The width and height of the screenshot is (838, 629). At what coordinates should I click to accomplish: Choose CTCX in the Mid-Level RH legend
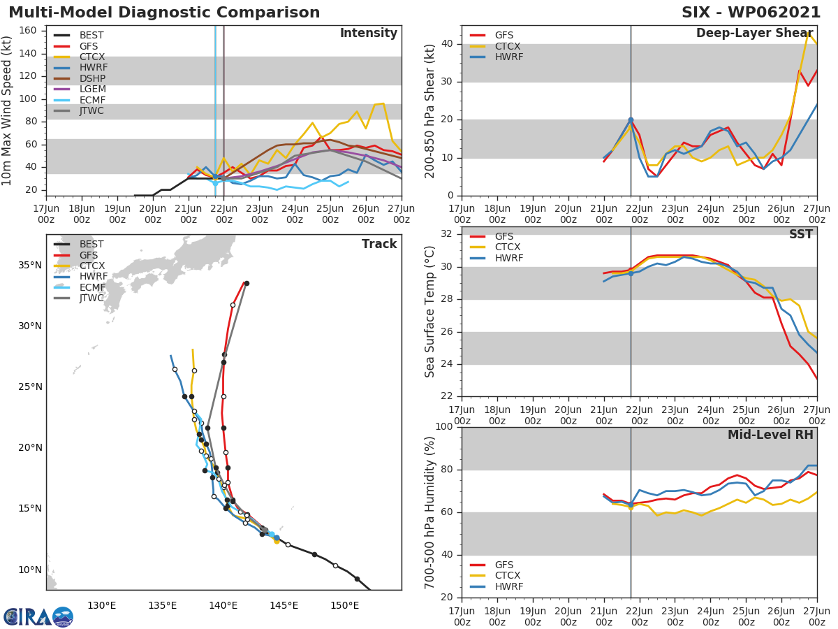pos(508,576)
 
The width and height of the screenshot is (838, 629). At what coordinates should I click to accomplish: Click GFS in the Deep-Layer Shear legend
pos(504,36)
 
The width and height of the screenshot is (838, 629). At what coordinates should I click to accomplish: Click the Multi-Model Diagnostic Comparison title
pos(164,13)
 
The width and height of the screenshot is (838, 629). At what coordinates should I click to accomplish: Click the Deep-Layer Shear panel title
pos(754,34)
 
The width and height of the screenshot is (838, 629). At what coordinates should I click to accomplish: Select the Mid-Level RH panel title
pos(770,435)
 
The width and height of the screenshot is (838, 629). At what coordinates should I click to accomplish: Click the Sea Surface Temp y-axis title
pos(430,312)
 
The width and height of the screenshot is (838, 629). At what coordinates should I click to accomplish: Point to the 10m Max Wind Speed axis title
pos(8,110)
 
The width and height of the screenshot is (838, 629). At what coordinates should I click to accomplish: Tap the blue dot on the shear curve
pos(631,120)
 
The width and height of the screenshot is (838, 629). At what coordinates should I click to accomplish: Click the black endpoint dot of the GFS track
pos(247,283)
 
